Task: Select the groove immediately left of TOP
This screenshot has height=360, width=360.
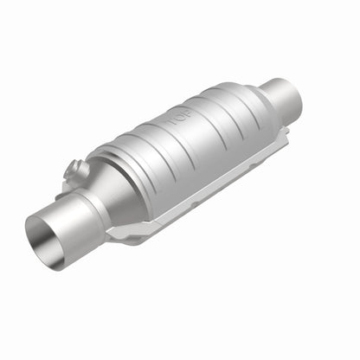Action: click(x=164, y=138)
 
